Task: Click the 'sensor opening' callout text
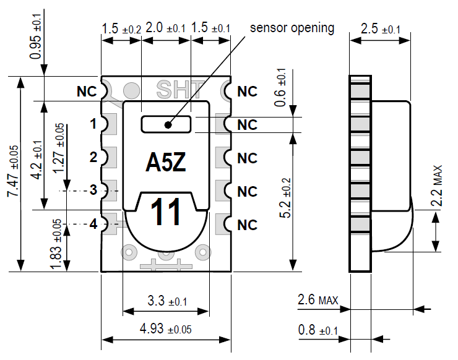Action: [292, 28]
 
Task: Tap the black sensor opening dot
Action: [168, 124]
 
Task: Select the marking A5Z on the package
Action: [166, 162]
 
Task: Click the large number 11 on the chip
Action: [166, 212]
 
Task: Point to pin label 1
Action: [93, 124]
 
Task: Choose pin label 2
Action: [93, 157]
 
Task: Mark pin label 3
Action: [93, 190]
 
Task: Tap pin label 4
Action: [93, 223]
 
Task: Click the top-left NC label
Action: [87, 91]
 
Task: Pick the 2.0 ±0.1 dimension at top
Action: [165, 28]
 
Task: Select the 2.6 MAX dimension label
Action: [318, 300]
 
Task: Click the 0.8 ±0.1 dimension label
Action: [318, 330]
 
